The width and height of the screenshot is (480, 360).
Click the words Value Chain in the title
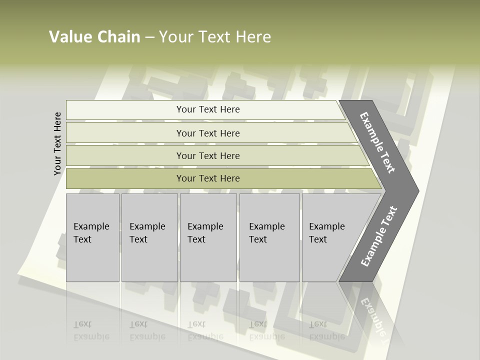(x=94, y=37)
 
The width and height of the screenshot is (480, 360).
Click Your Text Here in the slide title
(x=215, y=37)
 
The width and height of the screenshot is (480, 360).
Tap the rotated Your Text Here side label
(x=57, y=143)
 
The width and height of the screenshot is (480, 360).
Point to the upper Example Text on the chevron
(x=377, y=142)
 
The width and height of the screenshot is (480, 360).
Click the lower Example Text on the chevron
(x=378, y=236)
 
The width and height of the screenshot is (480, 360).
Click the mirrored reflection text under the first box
(x=90, y=331)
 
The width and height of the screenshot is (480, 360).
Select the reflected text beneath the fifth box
(x=326, y=331)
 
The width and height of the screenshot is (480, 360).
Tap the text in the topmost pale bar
(x=208, y=109)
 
